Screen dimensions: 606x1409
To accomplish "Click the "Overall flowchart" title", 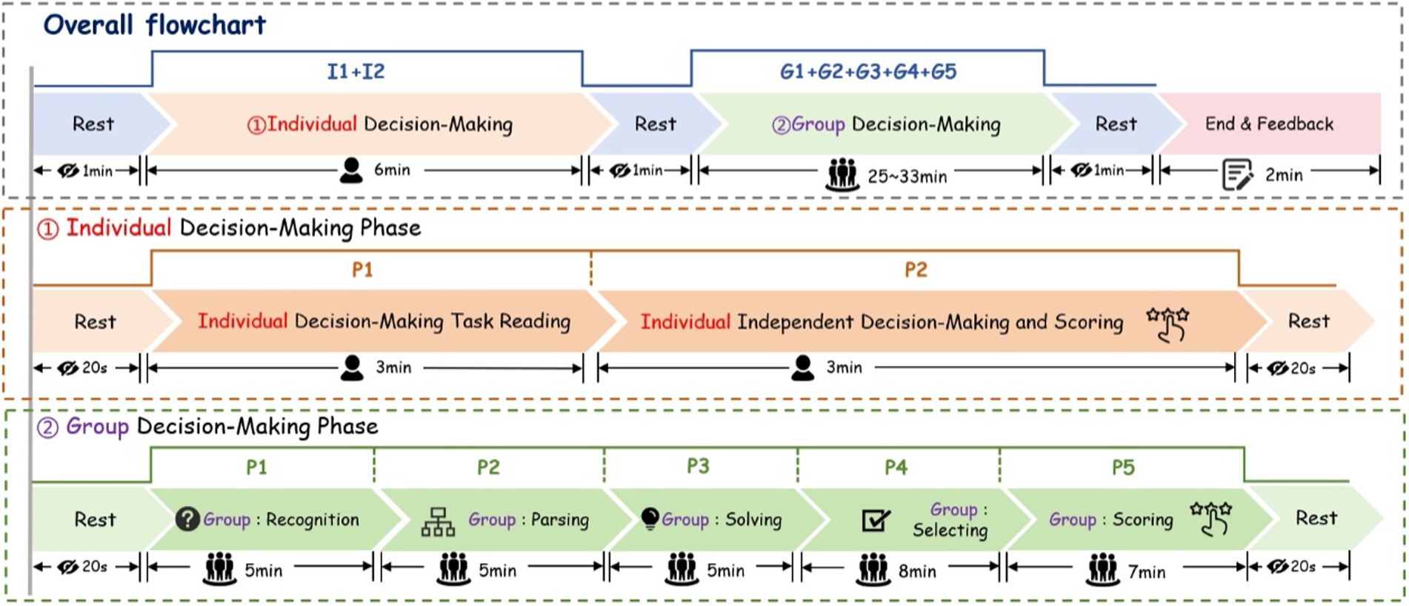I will [154, 25].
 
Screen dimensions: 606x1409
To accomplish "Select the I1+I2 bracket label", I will [356, 72].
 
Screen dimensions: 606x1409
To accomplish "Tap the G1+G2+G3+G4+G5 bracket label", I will [867, 72].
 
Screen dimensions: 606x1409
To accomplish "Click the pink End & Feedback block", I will [1269, 124].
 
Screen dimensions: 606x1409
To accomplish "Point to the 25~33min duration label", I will [907, 176].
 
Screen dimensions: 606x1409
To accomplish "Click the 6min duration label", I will [392, 170].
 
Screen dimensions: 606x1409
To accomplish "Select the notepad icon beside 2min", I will [1236, 175].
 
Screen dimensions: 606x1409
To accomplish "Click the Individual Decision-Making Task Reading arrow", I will [384, 322].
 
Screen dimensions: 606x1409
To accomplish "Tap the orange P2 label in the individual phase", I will [916, 270].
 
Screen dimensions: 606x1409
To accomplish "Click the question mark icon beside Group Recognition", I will [187, 519].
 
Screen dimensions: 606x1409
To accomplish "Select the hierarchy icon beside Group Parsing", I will [438, 522].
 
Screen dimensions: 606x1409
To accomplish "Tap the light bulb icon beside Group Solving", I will [650, 518].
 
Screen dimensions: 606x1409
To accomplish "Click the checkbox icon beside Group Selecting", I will [876, 520].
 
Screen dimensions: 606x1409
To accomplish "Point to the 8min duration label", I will [917, 571].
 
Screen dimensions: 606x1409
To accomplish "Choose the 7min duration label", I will [1147, 572].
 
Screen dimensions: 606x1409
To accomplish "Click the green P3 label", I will [698, 466].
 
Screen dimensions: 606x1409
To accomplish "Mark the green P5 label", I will [1123, 467].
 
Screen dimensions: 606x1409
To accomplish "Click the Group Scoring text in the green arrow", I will [1110, 519].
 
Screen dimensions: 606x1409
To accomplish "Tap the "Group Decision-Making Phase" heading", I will [222, 427].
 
